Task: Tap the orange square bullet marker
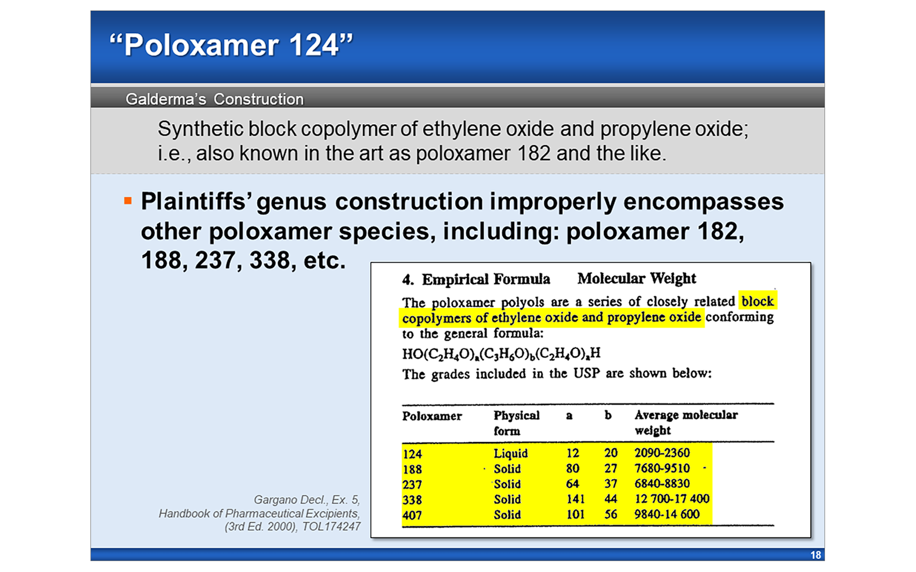(x=128, y=201)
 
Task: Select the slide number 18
(x=815, y=555)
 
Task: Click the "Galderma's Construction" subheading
(x=215, y=99)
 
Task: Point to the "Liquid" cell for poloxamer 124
(x=511, y=454)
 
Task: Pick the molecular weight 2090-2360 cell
(x=662, y=453)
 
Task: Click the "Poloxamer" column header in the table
(x=432, y=416)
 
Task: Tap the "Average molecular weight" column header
(x=685, y=422)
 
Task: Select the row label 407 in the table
(x=412, y=515)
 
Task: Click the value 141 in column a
(x=575, y=499)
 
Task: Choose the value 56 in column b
(x=611, y=514)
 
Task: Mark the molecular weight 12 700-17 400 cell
(x=672, y=499)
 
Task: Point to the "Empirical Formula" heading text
(x=485, y=279)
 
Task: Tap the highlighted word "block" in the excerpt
(x=757, y=301)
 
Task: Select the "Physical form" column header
(x=516, y=423)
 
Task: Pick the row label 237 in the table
(x=412, y=484)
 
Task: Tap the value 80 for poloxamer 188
(x=572, y=468)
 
